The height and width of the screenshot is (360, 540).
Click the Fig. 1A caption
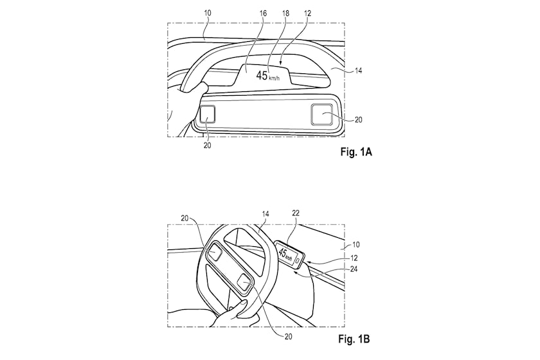[356, 152]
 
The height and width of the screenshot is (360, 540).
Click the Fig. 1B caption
[354, 339]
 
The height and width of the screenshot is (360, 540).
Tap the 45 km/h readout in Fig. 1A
[268, 75]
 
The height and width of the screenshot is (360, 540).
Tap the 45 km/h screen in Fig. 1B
[290, 255]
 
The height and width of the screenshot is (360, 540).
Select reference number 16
[263, 14]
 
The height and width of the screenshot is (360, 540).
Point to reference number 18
[285, 14]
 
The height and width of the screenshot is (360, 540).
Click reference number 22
[296, 213]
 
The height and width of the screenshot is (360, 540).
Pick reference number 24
[354, 269]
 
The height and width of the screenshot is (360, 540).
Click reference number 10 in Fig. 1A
[207, 14]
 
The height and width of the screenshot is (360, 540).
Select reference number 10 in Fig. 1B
[355, 244]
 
